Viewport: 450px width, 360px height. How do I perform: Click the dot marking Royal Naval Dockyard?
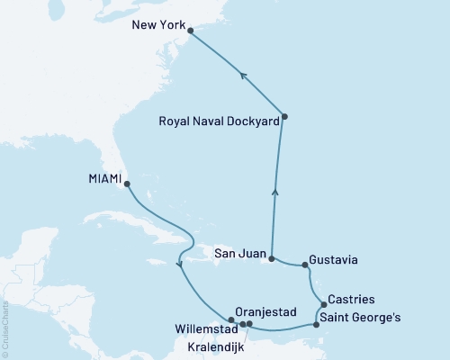tap(284, 116)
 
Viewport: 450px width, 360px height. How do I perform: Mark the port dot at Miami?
tap(126, 184)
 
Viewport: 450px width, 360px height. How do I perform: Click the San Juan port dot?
tap(271, 257)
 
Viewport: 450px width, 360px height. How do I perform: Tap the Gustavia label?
tap(333, 260)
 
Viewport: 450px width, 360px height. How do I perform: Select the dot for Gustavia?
tap(305, 265)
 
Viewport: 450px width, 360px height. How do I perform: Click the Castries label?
tap(352, 298)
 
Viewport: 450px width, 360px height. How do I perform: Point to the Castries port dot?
tap(323, 304)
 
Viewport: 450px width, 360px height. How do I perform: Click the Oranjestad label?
tap(263, 307)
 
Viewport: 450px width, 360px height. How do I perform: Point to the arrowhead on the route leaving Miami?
tap(181, 264)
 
